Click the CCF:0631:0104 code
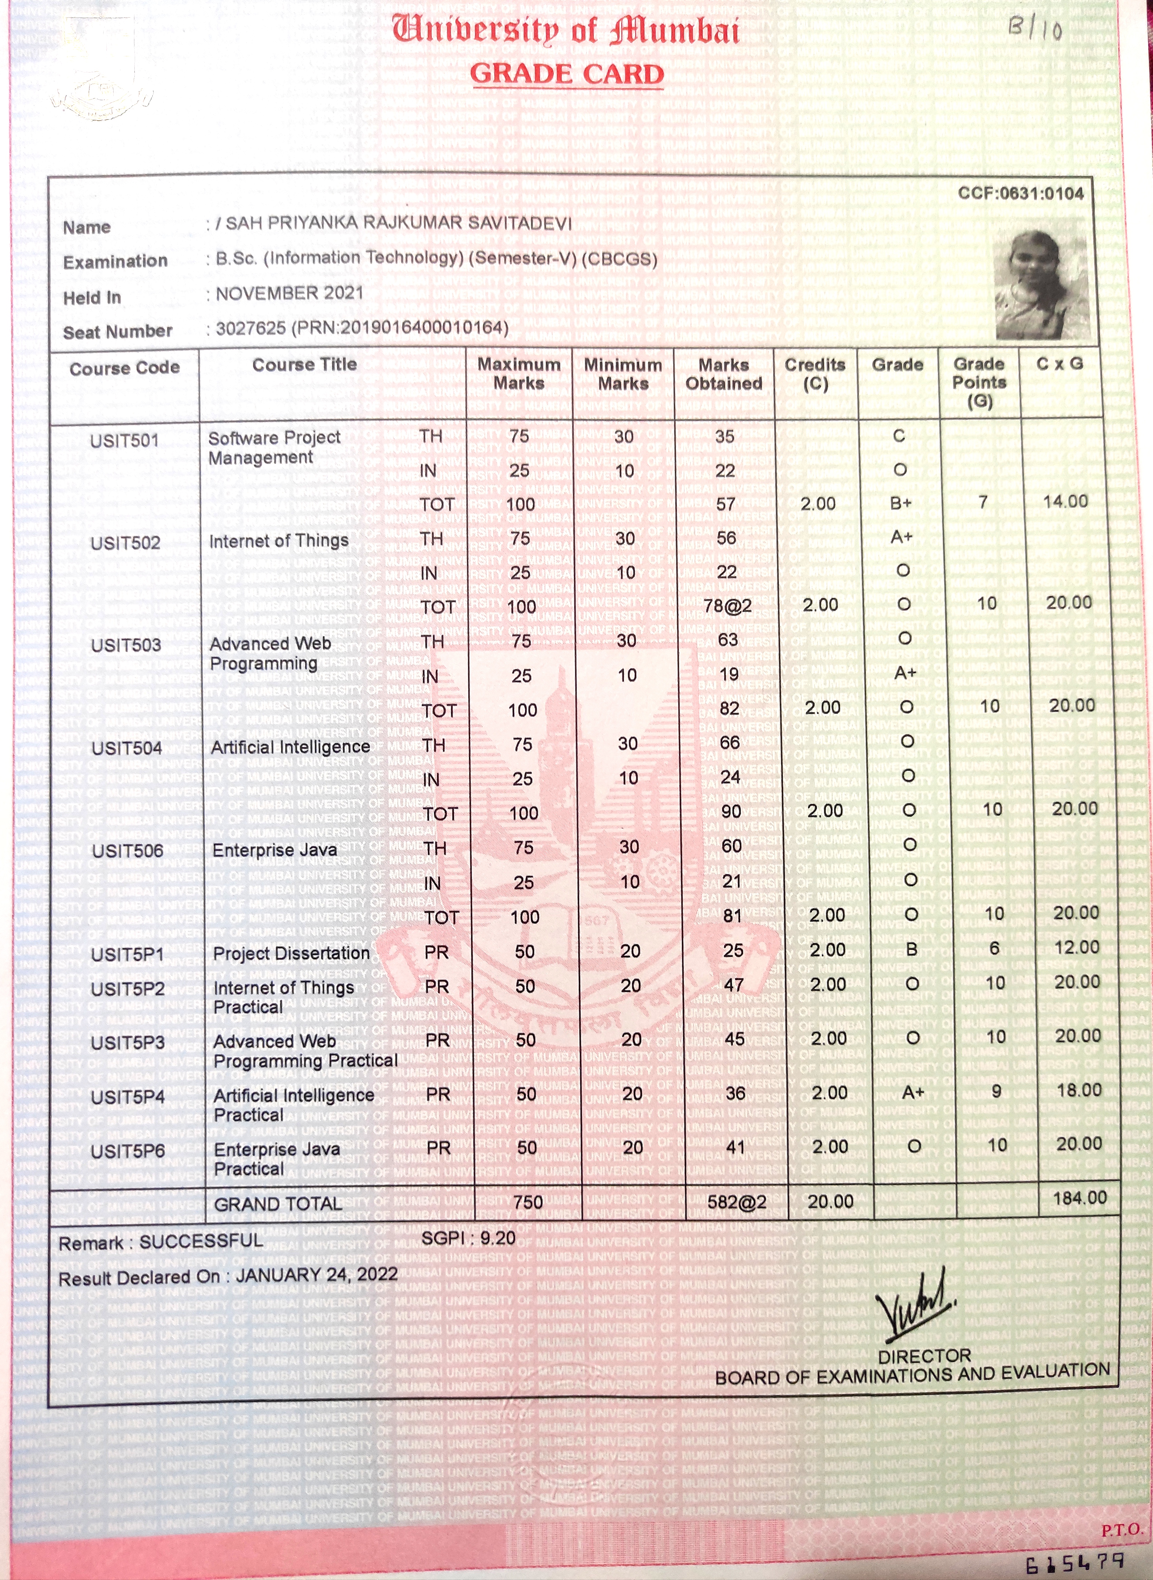coord(1020,193)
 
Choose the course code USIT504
coord(127,748)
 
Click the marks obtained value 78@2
coord(727,605)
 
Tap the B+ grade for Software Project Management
coord(901,503)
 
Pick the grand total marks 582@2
coord(736,1202)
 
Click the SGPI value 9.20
coord(498,1238)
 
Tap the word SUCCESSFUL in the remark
coord(201,1241)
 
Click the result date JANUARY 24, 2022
coord(316,1275)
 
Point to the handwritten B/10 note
coord(1035,28)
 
